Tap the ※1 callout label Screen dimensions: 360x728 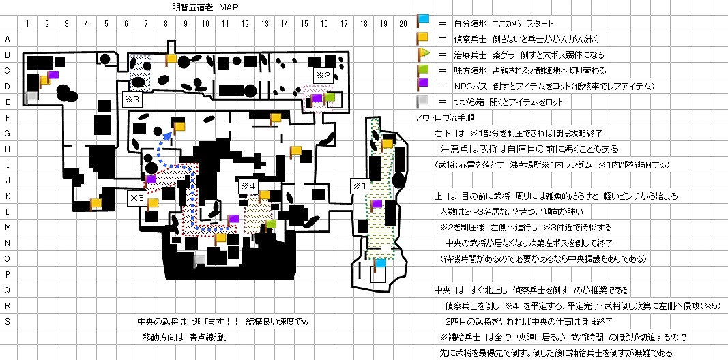pos(359,185)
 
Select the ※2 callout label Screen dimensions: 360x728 pos(323,74)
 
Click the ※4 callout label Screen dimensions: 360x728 pos(248,185)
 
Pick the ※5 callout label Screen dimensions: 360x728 pos(136,198)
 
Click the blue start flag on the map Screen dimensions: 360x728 pos(379,262)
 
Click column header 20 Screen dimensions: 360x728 pos(404,25)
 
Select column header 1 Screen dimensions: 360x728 pos(27,25)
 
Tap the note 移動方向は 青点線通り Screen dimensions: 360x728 pos(185,337)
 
